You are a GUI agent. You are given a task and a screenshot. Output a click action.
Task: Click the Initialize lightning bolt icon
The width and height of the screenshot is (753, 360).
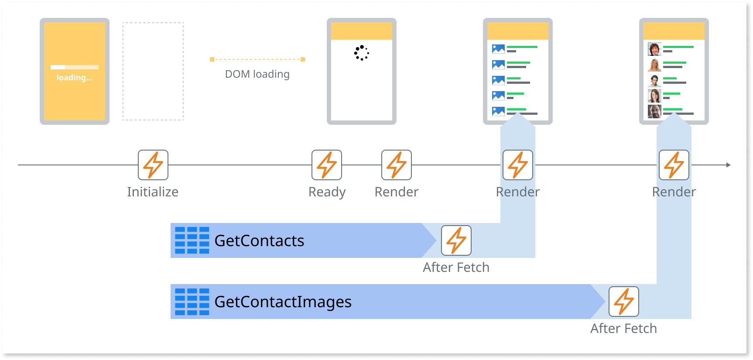153,165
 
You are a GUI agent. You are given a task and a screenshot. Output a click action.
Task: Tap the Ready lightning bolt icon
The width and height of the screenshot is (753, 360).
327,165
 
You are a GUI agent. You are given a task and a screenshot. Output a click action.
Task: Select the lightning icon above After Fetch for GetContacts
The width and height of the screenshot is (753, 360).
456,240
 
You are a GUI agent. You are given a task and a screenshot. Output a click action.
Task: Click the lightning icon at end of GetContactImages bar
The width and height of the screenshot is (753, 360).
624,302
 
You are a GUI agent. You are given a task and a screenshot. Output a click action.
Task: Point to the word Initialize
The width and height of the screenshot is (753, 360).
153,192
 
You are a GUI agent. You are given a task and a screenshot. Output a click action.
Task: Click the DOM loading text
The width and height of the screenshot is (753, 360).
257,74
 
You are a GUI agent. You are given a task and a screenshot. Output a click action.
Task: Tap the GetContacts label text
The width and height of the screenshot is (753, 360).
259,241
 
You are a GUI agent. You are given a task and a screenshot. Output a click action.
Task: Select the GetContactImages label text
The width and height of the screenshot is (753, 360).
283,302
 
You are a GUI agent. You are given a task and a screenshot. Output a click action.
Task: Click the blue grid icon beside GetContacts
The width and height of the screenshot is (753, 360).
192,240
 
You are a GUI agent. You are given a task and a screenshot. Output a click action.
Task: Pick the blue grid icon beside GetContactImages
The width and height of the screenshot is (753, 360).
192,302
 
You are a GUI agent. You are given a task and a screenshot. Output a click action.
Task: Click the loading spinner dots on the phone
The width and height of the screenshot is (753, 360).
361,53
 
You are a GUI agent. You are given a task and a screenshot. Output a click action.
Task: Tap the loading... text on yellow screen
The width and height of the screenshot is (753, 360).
75,78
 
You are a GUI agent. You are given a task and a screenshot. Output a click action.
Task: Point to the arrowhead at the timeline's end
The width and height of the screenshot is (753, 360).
728,165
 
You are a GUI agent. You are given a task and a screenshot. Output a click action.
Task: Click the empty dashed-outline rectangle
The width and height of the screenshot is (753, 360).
153,71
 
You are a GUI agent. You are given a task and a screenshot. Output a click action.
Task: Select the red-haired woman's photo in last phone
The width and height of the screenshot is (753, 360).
654,49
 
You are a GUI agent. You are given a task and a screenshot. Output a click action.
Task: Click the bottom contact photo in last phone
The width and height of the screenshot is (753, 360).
654,112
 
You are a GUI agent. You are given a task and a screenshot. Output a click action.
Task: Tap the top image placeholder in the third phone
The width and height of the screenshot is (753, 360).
498,49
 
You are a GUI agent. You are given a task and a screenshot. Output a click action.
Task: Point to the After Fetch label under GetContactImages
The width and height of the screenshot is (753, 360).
623,329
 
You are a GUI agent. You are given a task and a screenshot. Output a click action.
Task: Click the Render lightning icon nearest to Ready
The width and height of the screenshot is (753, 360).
397,165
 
